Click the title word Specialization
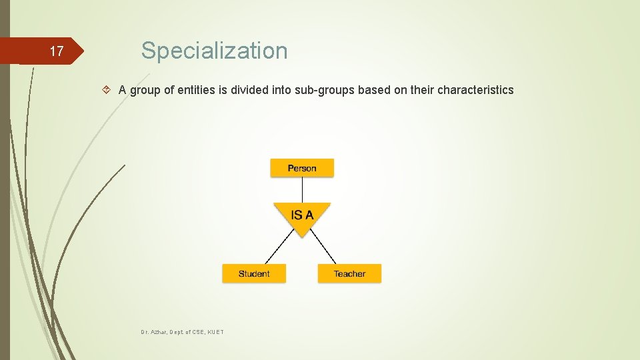tap(214, 51)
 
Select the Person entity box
tap(302, 168)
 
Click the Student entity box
tap(254, 273)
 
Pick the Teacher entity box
tap(349, 273)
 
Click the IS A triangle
tap(302, 217)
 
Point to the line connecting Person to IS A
tap(302, 189)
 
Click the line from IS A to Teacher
tap(324, 247)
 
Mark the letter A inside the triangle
tap(309, 215)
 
